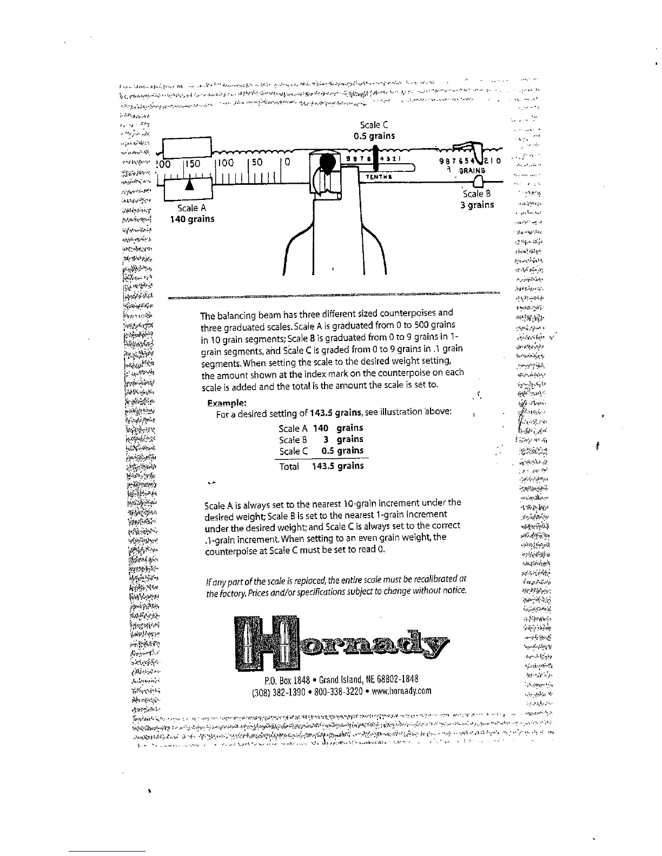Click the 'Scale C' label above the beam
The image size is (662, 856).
[374, 125]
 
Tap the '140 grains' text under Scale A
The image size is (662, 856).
[192, 219]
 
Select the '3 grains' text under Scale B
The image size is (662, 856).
[477, 205]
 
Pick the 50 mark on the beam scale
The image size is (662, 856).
[256, 163]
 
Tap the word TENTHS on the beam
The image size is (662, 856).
[379, 177]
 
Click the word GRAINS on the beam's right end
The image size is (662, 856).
[472, 170]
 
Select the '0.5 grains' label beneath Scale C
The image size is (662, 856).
[374, 136]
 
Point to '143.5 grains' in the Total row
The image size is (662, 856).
[337, 466]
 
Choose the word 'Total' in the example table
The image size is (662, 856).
[289, 466]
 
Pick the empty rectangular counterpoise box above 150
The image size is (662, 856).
[186, 147]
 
